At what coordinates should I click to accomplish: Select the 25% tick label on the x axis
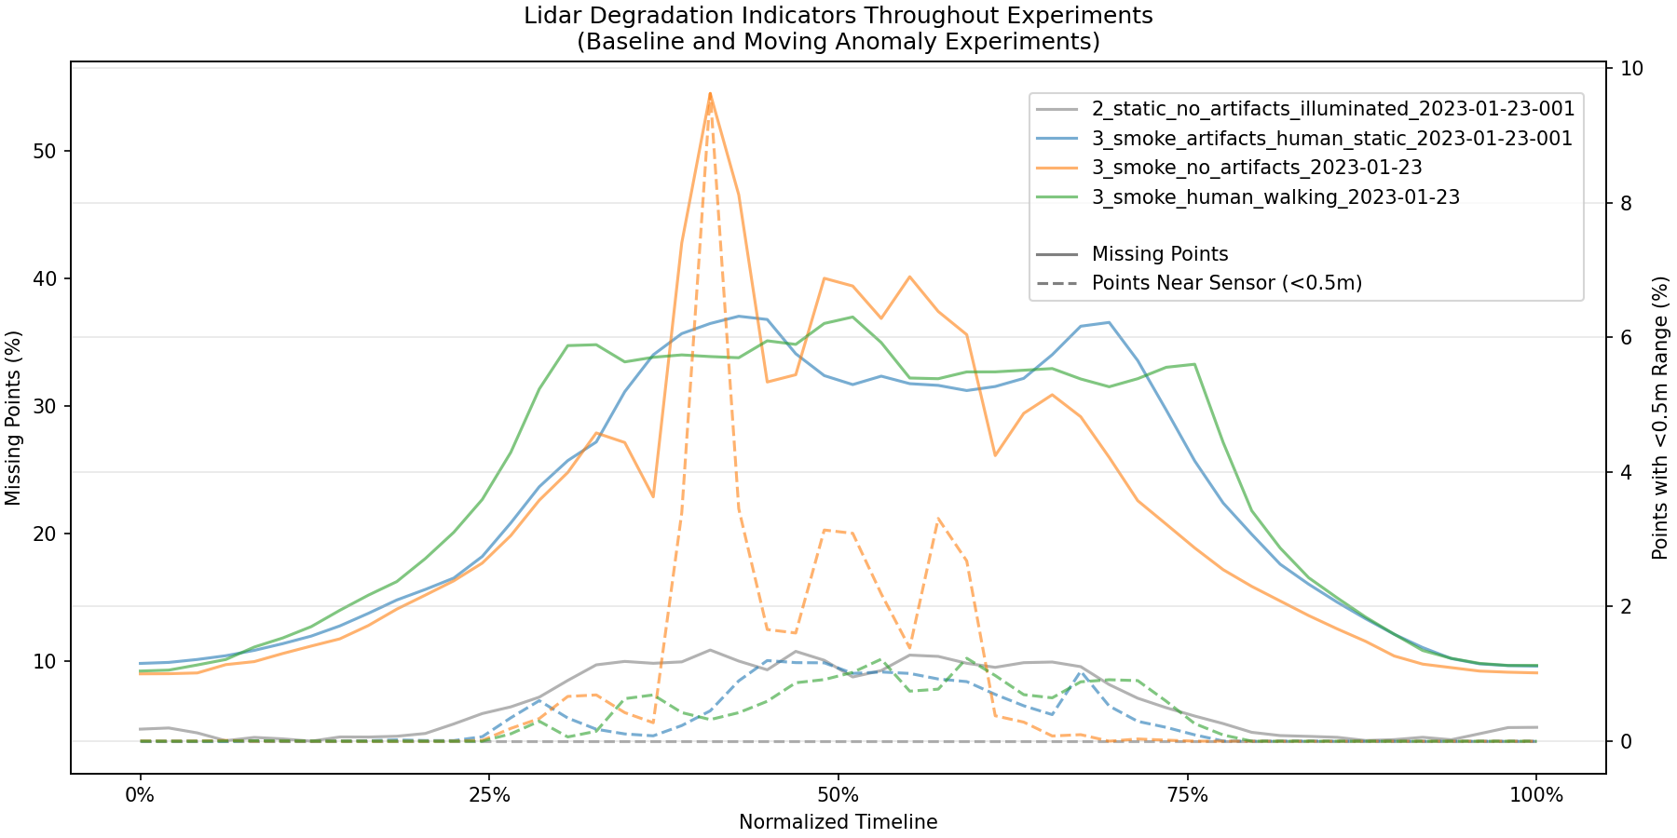(x=489, y=796)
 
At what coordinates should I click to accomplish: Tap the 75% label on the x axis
(x=1187, y=796)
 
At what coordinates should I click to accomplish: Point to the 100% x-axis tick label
(x=1536, y=796)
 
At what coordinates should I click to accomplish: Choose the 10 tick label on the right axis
(x=1631, y=69)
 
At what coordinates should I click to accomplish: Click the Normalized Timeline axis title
(x=838, y=822)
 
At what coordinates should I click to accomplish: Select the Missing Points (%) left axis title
(x=13, y=418)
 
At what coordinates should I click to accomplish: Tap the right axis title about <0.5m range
(x=1659, y=418)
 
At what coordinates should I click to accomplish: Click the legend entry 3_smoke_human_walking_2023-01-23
(x=1275, y=197)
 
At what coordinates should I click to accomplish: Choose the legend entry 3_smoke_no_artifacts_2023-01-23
(x=1257, y=168)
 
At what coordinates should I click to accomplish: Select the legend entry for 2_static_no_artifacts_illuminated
(x=1332, y=108)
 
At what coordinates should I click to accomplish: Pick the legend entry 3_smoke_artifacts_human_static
(x=1331, y=138)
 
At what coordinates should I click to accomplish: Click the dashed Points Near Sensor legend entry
(x=1226, y=283)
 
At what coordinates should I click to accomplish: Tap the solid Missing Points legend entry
(x=1160, y=254)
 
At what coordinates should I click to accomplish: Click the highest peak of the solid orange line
(x=710, y=93)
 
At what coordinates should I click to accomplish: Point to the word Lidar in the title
(x=551, y=16)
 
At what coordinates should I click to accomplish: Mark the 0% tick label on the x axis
(x=140, y=796)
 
